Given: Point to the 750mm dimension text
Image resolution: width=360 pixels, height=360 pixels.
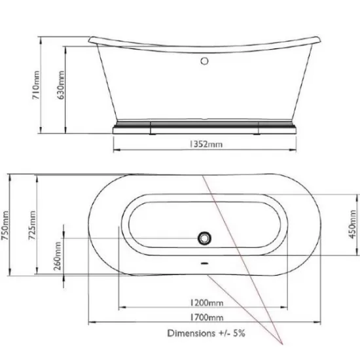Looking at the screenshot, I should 7,225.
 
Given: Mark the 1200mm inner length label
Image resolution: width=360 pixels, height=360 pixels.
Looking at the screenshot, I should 205,302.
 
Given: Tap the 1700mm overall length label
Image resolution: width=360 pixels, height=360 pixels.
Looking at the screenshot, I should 205,318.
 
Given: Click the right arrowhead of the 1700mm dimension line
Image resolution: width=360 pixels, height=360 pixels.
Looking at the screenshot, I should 319,323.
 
